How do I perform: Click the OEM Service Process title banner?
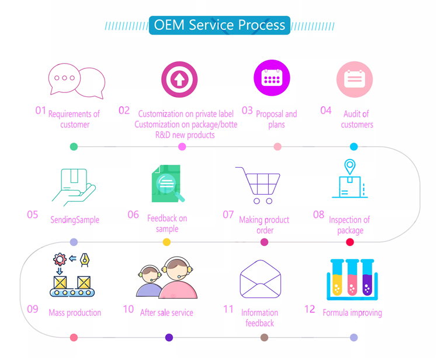pos(219,25)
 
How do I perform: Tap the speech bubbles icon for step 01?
pos(77,81)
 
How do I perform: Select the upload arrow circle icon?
pos(179,79)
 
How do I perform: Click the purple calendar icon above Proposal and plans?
pos(272,78)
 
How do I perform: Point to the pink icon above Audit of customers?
pos(354,79)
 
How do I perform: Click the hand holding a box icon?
pos(74,188)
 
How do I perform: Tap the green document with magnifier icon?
pos(168,184)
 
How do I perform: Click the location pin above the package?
pos(349,167)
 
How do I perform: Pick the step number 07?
pos(228,214)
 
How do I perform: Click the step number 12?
pos(310,309)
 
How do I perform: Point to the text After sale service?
pos(166,313)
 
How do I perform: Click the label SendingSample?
pos(75,220)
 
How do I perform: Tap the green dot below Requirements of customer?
pos(74,147)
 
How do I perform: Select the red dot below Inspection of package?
pos(350,242)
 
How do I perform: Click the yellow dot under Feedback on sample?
pos(166,242)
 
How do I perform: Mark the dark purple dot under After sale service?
pos(169,337)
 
